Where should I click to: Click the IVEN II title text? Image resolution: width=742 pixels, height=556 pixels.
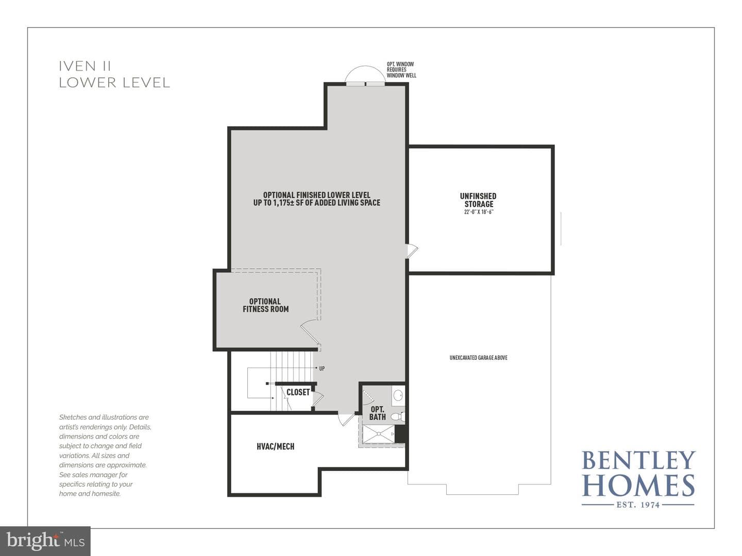pos(85,66)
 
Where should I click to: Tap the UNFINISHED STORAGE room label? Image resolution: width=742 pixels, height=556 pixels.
pos(478,200)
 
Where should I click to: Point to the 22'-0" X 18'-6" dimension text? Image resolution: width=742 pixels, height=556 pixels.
pos(479,212)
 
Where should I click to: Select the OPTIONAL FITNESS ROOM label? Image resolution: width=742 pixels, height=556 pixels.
pos(266,305)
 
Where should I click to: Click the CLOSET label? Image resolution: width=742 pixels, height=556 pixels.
pos(298,392)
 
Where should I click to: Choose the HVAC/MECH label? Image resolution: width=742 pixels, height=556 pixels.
pos(276,446)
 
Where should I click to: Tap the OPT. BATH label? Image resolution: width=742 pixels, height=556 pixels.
pos(377,413)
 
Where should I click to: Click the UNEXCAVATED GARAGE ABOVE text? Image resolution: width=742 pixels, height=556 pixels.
pos(478,357)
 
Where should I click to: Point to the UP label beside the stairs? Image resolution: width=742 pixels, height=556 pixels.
pos(322,368)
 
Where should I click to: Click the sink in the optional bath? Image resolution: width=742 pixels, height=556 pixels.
pos(398,395)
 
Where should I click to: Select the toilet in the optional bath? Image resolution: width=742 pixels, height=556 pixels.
pos(398,417)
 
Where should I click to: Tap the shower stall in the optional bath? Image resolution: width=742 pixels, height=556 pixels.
pos(378,434)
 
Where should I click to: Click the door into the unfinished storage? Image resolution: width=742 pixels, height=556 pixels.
pos(412,251)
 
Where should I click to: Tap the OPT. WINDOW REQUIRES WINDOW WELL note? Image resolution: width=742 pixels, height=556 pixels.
pos(401,70)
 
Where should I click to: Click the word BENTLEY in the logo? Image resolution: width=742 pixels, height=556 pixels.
pos(638,460)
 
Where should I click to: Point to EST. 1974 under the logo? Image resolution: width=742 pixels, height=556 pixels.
pos(638,505)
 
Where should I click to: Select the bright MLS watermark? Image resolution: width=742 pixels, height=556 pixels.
pos(45,541)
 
